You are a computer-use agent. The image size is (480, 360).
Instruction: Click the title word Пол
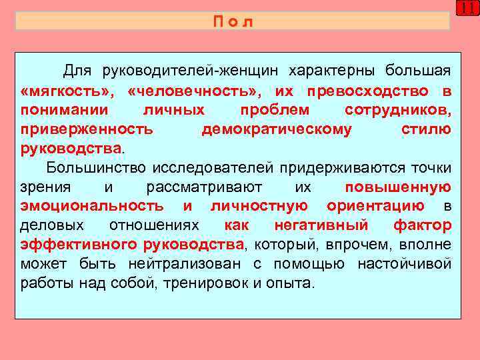[233, 22]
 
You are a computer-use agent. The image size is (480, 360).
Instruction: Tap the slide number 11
[467, 9]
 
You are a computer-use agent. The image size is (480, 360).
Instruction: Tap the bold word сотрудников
[398, 109]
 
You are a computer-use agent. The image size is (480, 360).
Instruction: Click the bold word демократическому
[276, 129]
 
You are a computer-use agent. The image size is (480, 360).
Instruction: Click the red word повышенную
[399, 187]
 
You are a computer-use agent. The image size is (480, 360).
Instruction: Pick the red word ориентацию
[376, 206]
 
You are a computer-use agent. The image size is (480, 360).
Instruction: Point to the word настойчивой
[404, 264]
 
